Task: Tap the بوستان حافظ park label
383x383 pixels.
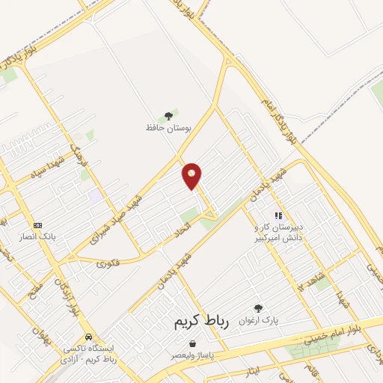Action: click(168, 128)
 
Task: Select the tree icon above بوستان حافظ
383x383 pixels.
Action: click(168, 115)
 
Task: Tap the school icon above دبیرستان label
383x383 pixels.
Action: click(278, 215)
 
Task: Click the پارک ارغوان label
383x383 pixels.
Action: click(259, 319)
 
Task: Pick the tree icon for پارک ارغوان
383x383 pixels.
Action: click(259, 308)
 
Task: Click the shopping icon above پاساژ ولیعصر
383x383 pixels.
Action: click(193, 343)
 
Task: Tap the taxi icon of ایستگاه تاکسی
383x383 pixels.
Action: click(89, 337)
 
